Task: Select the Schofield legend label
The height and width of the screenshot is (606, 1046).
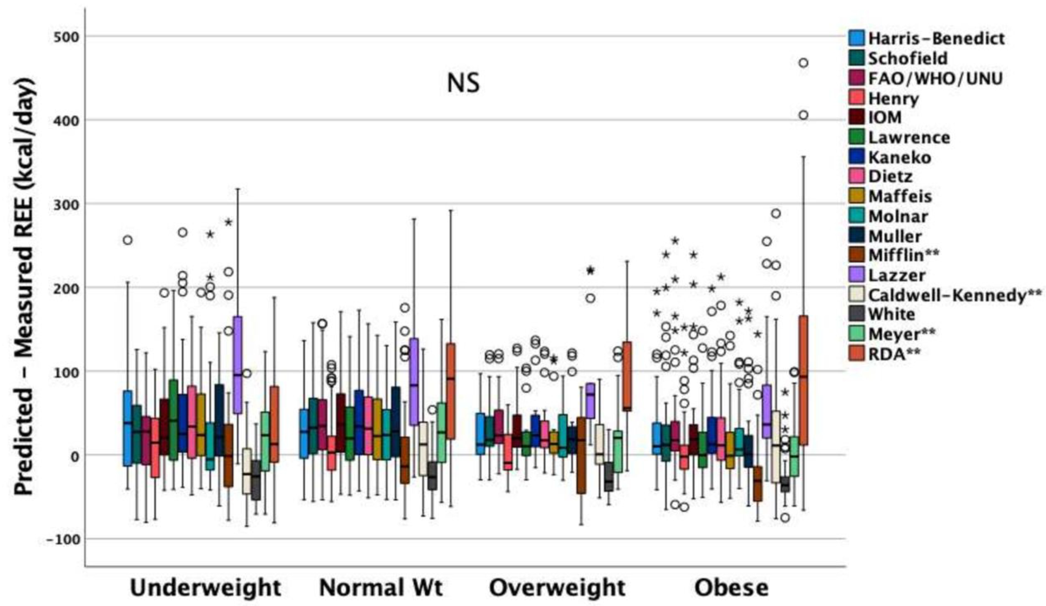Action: [908, 58]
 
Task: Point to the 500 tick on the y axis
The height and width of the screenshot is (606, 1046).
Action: [66, 37]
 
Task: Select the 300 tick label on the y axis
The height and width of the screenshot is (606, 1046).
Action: [66, 204]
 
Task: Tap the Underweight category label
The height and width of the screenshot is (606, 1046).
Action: [205, 588]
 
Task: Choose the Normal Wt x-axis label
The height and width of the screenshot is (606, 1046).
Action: [381, 588]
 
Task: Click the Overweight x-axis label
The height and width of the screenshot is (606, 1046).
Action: [557, 588]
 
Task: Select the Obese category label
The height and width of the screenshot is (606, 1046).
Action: [731, 588]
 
